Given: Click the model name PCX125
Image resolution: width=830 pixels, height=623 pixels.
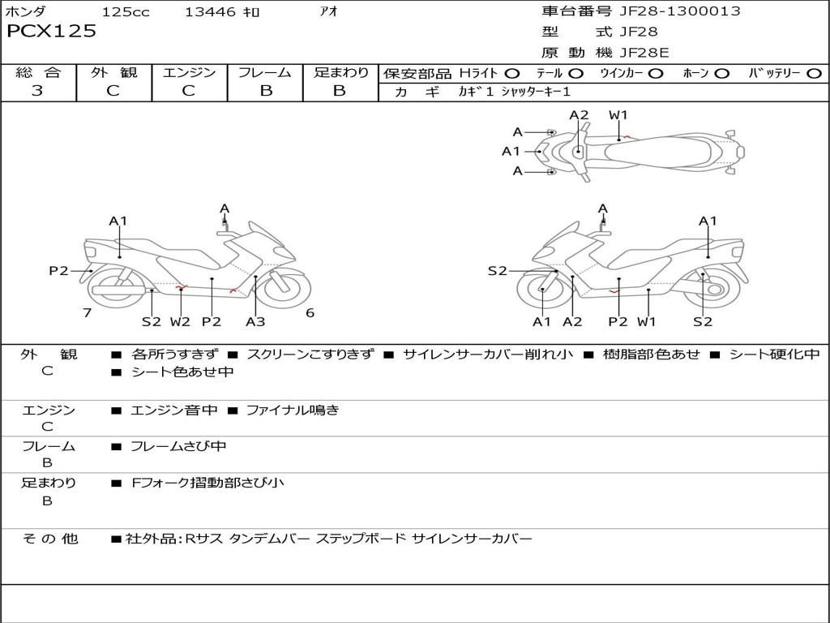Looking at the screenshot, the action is point(51,31).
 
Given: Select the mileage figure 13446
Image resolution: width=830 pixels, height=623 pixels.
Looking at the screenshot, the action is point(210,11).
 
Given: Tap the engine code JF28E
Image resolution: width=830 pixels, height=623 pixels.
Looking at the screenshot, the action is point(644,53).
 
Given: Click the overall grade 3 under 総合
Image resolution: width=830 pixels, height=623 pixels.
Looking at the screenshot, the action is point(37,91).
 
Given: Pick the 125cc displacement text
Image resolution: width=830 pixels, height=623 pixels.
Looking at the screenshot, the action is point(126,11).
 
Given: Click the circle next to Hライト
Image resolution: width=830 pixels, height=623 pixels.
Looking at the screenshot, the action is point(512,74).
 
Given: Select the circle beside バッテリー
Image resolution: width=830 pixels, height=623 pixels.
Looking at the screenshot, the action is point(814,74).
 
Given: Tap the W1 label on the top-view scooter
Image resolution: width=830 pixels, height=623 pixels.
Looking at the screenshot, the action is point(618,115).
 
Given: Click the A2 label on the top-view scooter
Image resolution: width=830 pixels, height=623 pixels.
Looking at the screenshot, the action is point(579,115).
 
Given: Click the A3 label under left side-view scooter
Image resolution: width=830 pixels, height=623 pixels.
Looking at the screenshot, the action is point(255,321).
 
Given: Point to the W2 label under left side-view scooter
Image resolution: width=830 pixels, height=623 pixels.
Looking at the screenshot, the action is point(180,321).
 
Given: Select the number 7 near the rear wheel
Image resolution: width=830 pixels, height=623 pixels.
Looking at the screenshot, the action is point(88,312).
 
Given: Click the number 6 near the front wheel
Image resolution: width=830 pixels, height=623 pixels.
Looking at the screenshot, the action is point(310,312).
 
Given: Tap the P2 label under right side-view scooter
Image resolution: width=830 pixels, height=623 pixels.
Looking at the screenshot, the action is point(618,321).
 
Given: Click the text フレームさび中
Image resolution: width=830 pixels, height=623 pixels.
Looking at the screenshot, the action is point(178,446).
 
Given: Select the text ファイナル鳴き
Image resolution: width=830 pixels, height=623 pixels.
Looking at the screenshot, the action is point(292,410).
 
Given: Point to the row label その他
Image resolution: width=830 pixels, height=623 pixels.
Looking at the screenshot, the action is point(49,539).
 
